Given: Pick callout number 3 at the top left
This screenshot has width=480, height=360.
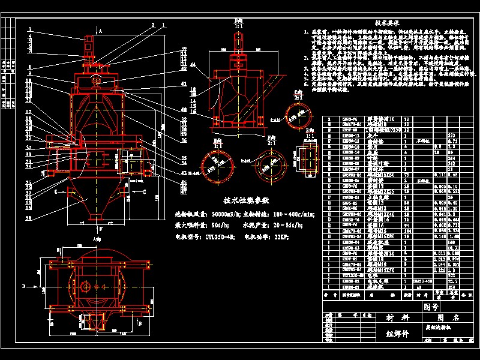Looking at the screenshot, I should point(28,31).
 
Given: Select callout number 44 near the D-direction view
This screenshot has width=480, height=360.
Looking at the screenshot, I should point(193,64).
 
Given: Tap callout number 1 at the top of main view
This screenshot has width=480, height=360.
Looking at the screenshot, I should point(164,25).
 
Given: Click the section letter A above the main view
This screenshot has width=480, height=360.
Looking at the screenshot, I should point(101,29).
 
